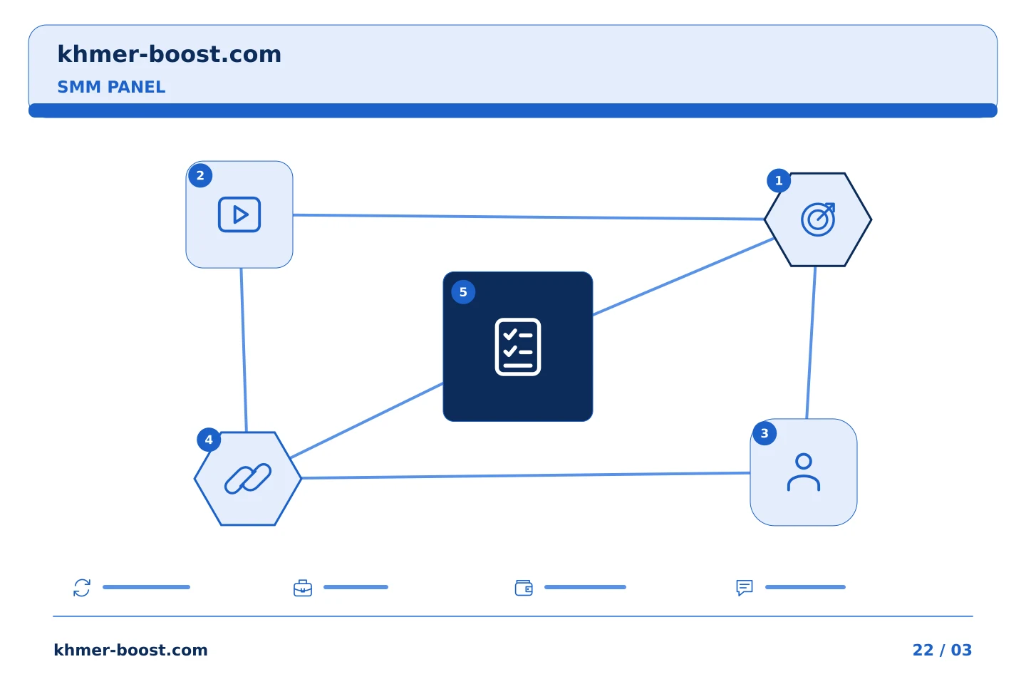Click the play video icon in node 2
click(239, 214)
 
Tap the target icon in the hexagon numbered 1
click(818, 219)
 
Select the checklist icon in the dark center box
click(517, 347)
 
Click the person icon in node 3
click(804, 472)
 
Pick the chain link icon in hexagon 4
click(248, 479)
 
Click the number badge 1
click(779, 180)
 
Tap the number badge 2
click(200, 175)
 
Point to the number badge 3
click(765, 433)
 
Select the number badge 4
click(209, 440)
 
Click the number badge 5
click(463, 292)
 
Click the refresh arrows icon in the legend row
click(82, 587)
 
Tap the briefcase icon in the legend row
click(303, 588)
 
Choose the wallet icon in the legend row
click(524, 588)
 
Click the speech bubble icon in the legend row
click(745, 588)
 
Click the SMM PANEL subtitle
click(111, 87)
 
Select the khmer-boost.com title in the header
click(169, 54)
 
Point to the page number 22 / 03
click(942, 650)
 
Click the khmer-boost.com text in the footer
click(130, 650)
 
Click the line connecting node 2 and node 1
click(529, 217)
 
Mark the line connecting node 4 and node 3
click(526, 475)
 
